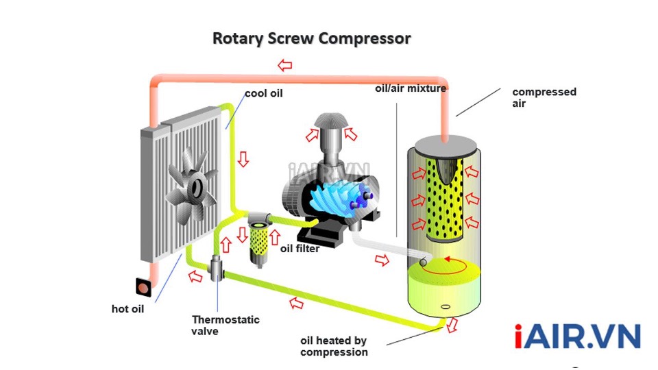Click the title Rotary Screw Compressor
(x=311, y=38)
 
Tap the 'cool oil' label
(x=263, y=93)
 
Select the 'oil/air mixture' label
(x=411, y=88)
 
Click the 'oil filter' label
(x=300, y=249)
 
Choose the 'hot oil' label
(x=127, y=309)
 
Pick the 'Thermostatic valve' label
(x=216, y=325)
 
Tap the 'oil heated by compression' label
(x=334, y=346)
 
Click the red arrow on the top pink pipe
(x=284, y=65)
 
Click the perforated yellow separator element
(x=446, y=199)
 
